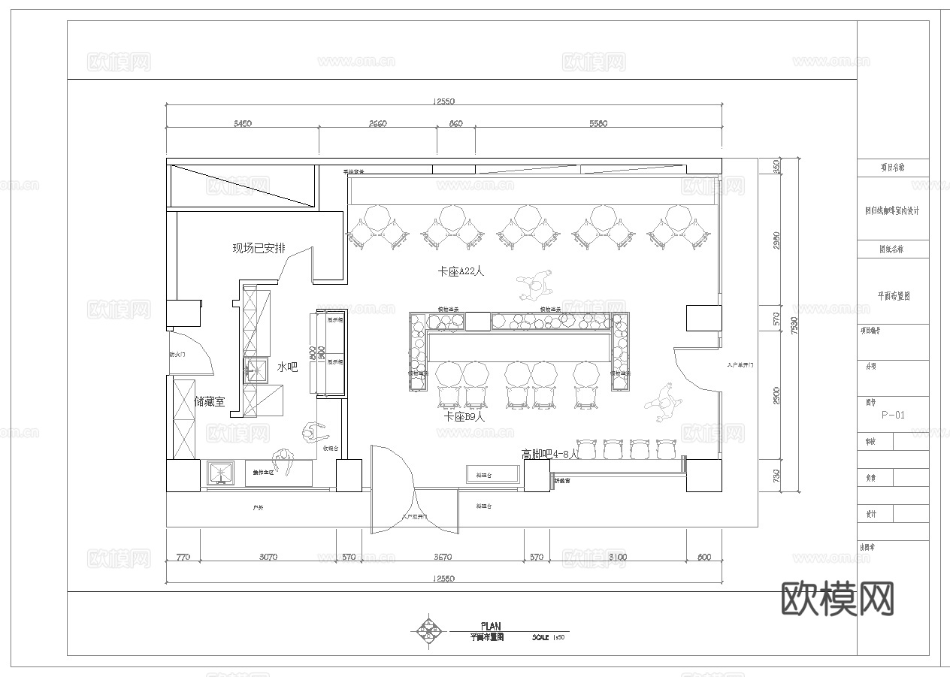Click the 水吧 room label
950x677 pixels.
[x=288, y=367]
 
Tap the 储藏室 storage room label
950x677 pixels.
[x=210, y=402]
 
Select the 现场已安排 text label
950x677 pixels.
[x=258, y=249]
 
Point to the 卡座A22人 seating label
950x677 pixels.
[x=461, y=271]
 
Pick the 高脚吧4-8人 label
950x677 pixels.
[x=550, y=454]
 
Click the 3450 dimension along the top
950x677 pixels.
[x=241, y=124]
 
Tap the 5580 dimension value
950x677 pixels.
[x=598, y=124]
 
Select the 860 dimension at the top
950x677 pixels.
[x=455, y=124]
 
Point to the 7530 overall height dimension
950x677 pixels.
[x=794, y=325]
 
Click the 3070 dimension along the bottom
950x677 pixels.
[x=268, y=558]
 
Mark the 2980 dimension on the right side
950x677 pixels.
[x=776, y=240]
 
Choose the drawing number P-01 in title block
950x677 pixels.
[x=893, y=415]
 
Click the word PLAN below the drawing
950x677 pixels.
[x=490, y=626]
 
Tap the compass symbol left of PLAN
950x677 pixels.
[x=429, y=632]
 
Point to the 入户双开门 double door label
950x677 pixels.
[x=414, y=517]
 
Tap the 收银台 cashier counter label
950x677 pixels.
[x=331, y=449]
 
